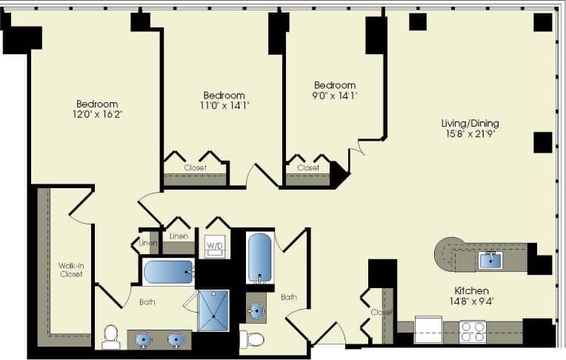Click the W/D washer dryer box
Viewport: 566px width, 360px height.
(214, 245)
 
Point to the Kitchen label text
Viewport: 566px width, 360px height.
(472, 291)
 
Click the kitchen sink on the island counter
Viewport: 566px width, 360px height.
(490, 260)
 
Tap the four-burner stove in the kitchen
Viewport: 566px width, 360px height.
(473, 330)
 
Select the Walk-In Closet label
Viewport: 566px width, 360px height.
(71, 270)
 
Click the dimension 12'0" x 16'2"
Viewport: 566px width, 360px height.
(97, 114)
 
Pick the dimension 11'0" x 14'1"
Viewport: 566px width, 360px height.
(224, 105)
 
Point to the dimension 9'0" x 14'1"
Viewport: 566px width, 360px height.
(334, 95)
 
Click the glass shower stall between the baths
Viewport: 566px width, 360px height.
(213, 310)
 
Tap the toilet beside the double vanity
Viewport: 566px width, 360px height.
(111, 336)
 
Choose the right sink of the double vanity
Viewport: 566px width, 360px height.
(176, 339)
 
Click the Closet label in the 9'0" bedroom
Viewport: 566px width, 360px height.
(307, 168)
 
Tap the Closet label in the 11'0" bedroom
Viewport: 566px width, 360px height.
(195, 168)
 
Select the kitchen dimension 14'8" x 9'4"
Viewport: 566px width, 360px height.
(472, 301)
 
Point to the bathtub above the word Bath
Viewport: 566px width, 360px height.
(168, 272)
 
